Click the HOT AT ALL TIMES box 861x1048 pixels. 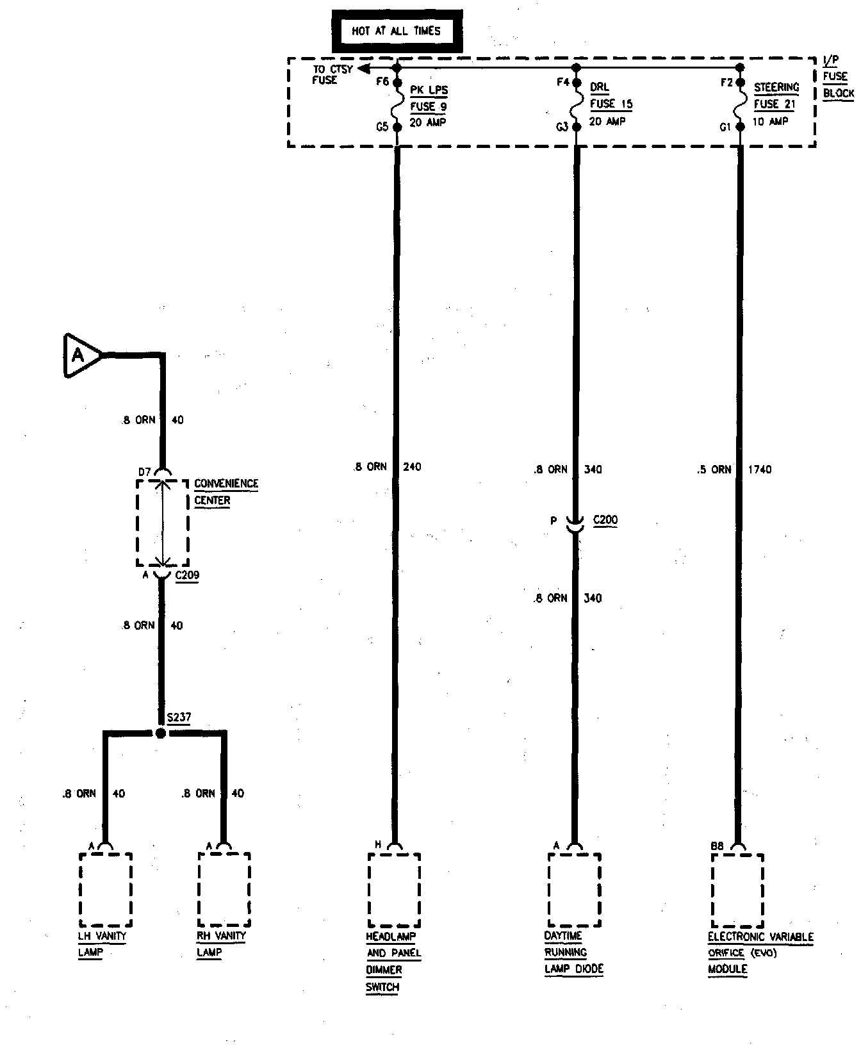(x=397, y=31)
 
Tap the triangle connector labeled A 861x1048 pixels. (x=80, y=354)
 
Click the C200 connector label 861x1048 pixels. (x=605, y=520)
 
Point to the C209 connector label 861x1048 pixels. (x=187, y=575)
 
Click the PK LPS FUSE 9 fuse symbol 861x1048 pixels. (x=397, y=104)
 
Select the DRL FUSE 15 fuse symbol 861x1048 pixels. (x=577, y=104)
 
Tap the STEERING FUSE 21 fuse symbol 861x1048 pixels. (x=740, y=104)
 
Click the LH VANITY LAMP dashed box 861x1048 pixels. (x=106, y=889)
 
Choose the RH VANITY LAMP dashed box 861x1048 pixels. (x=224, y=889)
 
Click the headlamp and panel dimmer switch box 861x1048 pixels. (x=395, y=890)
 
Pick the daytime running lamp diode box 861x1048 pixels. (x=575, y=890)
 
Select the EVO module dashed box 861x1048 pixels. (x=737, y=890)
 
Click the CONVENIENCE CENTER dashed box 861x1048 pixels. (x=163, y=522)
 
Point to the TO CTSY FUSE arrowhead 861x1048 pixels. (x=365, y=67)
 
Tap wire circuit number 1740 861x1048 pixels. (x=760, y=470)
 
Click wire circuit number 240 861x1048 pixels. (x=413, y=467)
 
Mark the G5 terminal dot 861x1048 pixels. (x=397, y=127)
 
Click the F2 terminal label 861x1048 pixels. (x=726, y=83)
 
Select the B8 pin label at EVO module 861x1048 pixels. (x=717, y=846)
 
